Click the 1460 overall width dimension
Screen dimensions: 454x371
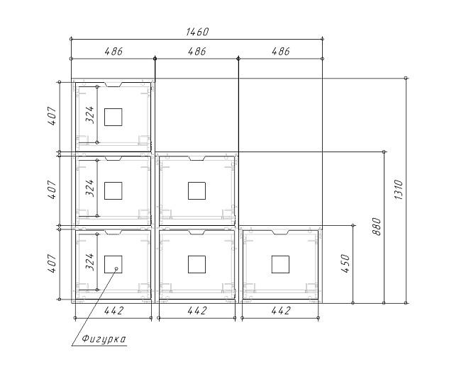click(x=197, y=31)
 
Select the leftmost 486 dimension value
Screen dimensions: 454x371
click(x=113, y=51)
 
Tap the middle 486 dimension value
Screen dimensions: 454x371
click(x=197, y=51)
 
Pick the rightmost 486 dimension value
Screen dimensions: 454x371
click(x=281, y=51)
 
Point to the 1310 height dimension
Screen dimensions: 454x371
click(x=399, y=190)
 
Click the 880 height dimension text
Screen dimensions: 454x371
click(x=377, y=227)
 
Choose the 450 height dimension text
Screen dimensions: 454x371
click(x=345, y=263)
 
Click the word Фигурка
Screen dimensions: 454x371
click(x=104, y=338)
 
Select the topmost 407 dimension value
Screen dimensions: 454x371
click(x=52, y=115)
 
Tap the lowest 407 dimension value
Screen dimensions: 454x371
click(x=52, y=263)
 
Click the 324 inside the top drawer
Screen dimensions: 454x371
click(x=90, y=115)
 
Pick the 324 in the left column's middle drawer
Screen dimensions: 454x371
click(x=90, y=188)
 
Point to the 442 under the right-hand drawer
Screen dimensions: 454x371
click(x=281, y=311)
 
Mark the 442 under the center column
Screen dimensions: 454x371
click(x=197, y=311)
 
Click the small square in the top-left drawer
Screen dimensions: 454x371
click(x=113, y=117)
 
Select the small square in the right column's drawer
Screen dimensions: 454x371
click(x=280, y=264)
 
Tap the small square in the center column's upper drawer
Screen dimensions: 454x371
click(x=197, y=190)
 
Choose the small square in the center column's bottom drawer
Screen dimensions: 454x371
click(x=197, y=264)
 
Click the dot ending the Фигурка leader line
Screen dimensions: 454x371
click(x=116, y=268)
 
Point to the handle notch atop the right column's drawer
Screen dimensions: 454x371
click(x=280, y=232)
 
